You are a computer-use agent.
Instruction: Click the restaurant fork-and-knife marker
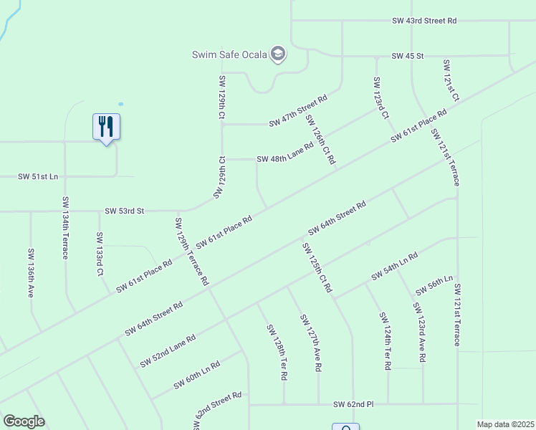(x=106, y=128)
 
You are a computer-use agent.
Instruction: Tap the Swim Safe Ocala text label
(x=229, y=54)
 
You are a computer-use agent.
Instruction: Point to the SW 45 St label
(x=408, y=55)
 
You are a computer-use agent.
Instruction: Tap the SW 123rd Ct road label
(x=381, y=98)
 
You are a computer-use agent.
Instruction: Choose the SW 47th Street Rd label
(x=298, y=111)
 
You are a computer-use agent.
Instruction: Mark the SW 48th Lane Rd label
(x=285, y=153)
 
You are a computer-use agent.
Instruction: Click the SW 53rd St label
(x=125, y=211)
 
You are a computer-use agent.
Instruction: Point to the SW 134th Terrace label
(x=65, y=227)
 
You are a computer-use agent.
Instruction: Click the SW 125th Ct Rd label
(x=317, y=267)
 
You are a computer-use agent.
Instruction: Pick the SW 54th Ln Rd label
(x=394, y=267)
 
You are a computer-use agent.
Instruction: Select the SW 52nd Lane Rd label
(x=168, y=350)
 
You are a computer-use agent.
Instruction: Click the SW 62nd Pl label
(x=353, y=405)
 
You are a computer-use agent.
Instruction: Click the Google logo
(x=24, y=421)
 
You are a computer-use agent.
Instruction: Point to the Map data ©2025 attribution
(x=505, y=424)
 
